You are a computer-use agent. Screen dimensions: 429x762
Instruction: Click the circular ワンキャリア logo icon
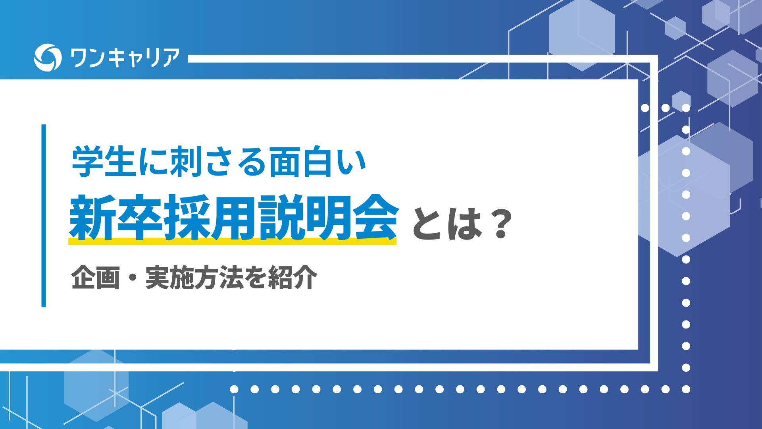[48, 58]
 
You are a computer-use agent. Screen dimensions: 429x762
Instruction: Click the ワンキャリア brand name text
[125, 58]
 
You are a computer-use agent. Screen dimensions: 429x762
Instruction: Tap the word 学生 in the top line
[102, 162]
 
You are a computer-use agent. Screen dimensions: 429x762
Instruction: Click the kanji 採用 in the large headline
[210, 218]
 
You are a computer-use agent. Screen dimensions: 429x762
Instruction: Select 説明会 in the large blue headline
[328, 218]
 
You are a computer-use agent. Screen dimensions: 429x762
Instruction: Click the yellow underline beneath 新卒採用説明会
[233, 241]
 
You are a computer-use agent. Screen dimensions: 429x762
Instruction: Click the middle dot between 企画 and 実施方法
[133, 278]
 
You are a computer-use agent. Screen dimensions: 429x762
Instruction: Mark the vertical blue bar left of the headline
[44, 216]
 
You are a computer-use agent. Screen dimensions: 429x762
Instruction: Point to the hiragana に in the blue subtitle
[153, 162]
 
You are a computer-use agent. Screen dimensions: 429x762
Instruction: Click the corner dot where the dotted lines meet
[686, 389]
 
